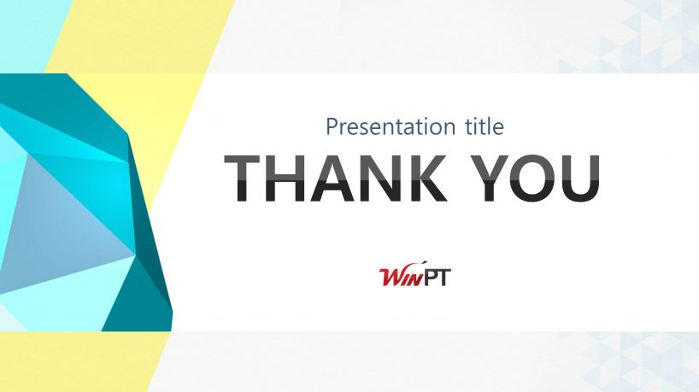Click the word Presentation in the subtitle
[391, 127]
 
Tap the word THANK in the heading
[336, 178]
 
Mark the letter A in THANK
[334, 178]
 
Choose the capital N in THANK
[383, 178]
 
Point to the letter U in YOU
[580, 178]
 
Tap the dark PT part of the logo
[437, 277]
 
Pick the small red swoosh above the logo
[420, 262]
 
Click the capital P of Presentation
[332, 126]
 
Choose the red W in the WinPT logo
[391, 277]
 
